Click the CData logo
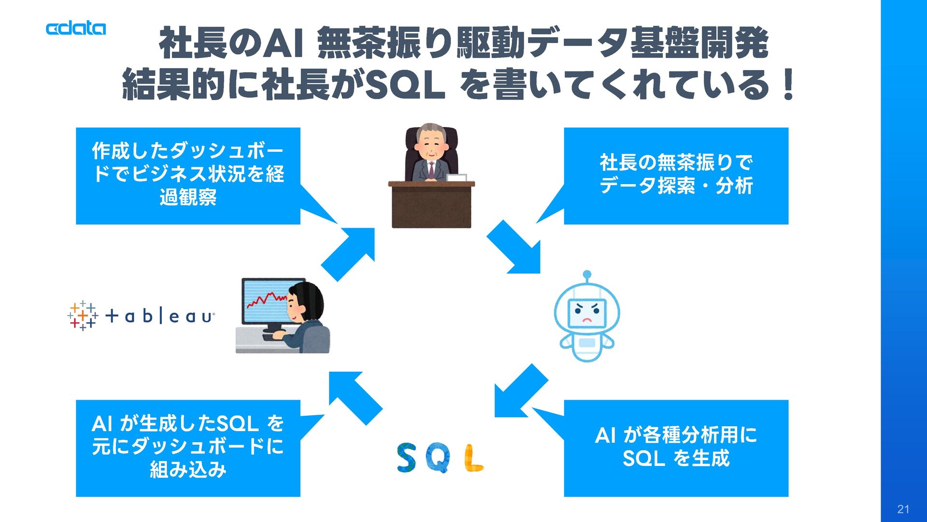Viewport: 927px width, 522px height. pyautogui.click(x=76, y=29)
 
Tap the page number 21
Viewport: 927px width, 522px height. pyautogui.click(x=903, y=509)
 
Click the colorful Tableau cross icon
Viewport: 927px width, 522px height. pyautogui.click(x=83, y=316)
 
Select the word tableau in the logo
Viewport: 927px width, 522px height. pyautogui.click(x=160, y=317)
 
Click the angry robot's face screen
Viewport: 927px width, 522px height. pyautogui.click(x=587, y=313)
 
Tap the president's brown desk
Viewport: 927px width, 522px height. pyautogui.click(x=431, y=205)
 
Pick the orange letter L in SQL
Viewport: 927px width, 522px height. pyautogui.click(x=473, y=458)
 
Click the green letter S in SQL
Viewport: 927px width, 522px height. pyautogui.click(x=407, y=458)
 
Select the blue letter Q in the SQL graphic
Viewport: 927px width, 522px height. pyautogui.click(x=439, y=459)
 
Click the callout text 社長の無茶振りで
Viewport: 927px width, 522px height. pyautogui.click(x=676, y=163)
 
